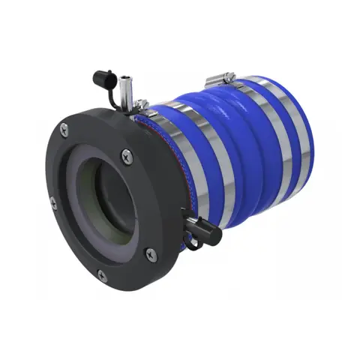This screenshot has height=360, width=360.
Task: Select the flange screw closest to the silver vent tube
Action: tap(125, 155)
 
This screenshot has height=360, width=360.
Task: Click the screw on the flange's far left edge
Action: tap(52, 201)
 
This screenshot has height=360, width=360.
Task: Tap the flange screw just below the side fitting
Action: tap(151, 253)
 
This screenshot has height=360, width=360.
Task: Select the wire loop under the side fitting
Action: tap(192, 241)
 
